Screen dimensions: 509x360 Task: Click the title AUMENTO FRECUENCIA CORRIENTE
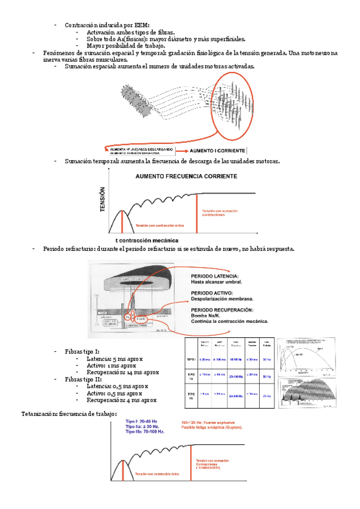(x=186, y=176)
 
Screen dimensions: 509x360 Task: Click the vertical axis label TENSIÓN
(x=103, y=199)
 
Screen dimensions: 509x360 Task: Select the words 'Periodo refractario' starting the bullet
(x=68, y=249)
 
